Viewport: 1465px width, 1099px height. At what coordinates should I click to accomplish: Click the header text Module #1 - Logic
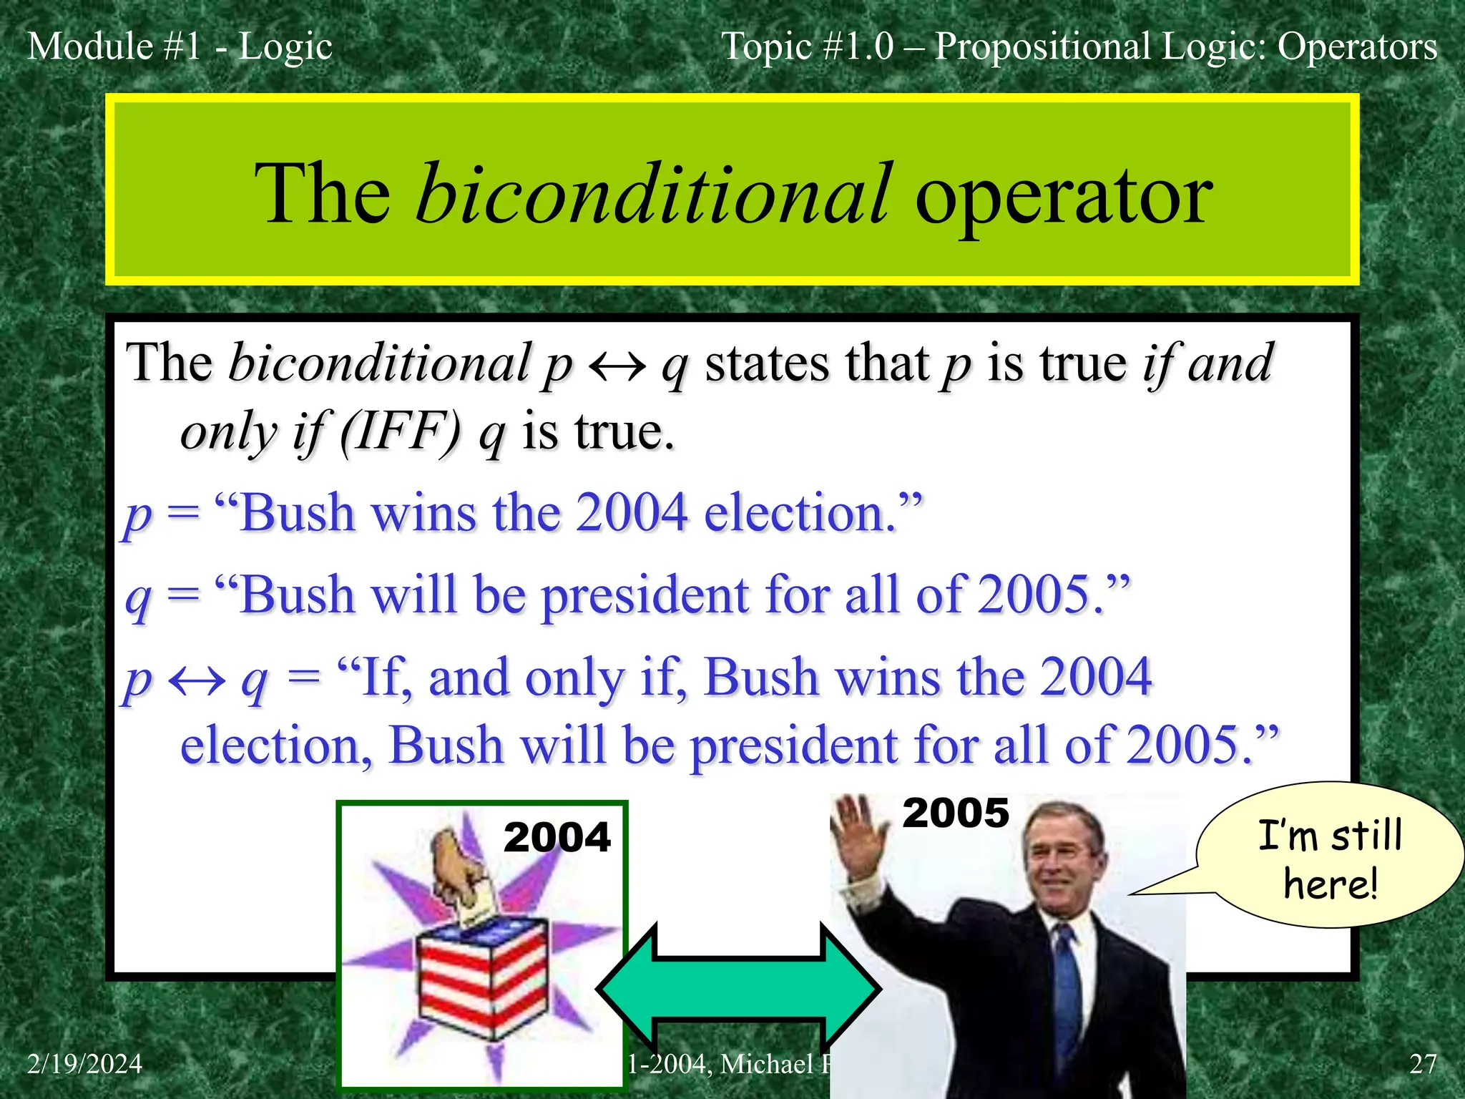[180, 47]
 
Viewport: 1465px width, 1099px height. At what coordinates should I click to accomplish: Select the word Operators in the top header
[1357, 47]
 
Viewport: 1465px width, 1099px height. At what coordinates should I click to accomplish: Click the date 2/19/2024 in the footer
[84, 1064]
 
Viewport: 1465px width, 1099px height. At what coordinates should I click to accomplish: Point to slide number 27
[1422, 1064]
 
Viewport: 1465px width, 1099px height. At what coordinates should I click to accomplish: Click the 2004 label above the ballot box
[557, 836]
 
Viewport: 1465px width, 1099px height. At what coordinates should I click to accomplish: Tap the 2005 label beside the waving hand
[955, 813]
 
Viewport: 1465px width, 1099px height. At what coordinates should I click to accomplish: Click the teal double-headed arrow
[738, 989]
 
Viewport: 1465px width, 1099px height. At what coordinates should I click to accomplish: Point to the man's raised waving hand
[858, 834]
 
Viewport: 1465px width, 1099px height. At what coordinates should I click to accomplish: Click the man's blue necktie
[1067, 995]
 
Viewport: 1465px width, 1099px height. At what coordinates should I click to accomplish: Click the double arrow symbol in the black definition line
[617, 366]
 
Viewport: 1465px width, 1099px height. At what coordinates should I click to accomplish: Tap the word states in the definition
[765, 363]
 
